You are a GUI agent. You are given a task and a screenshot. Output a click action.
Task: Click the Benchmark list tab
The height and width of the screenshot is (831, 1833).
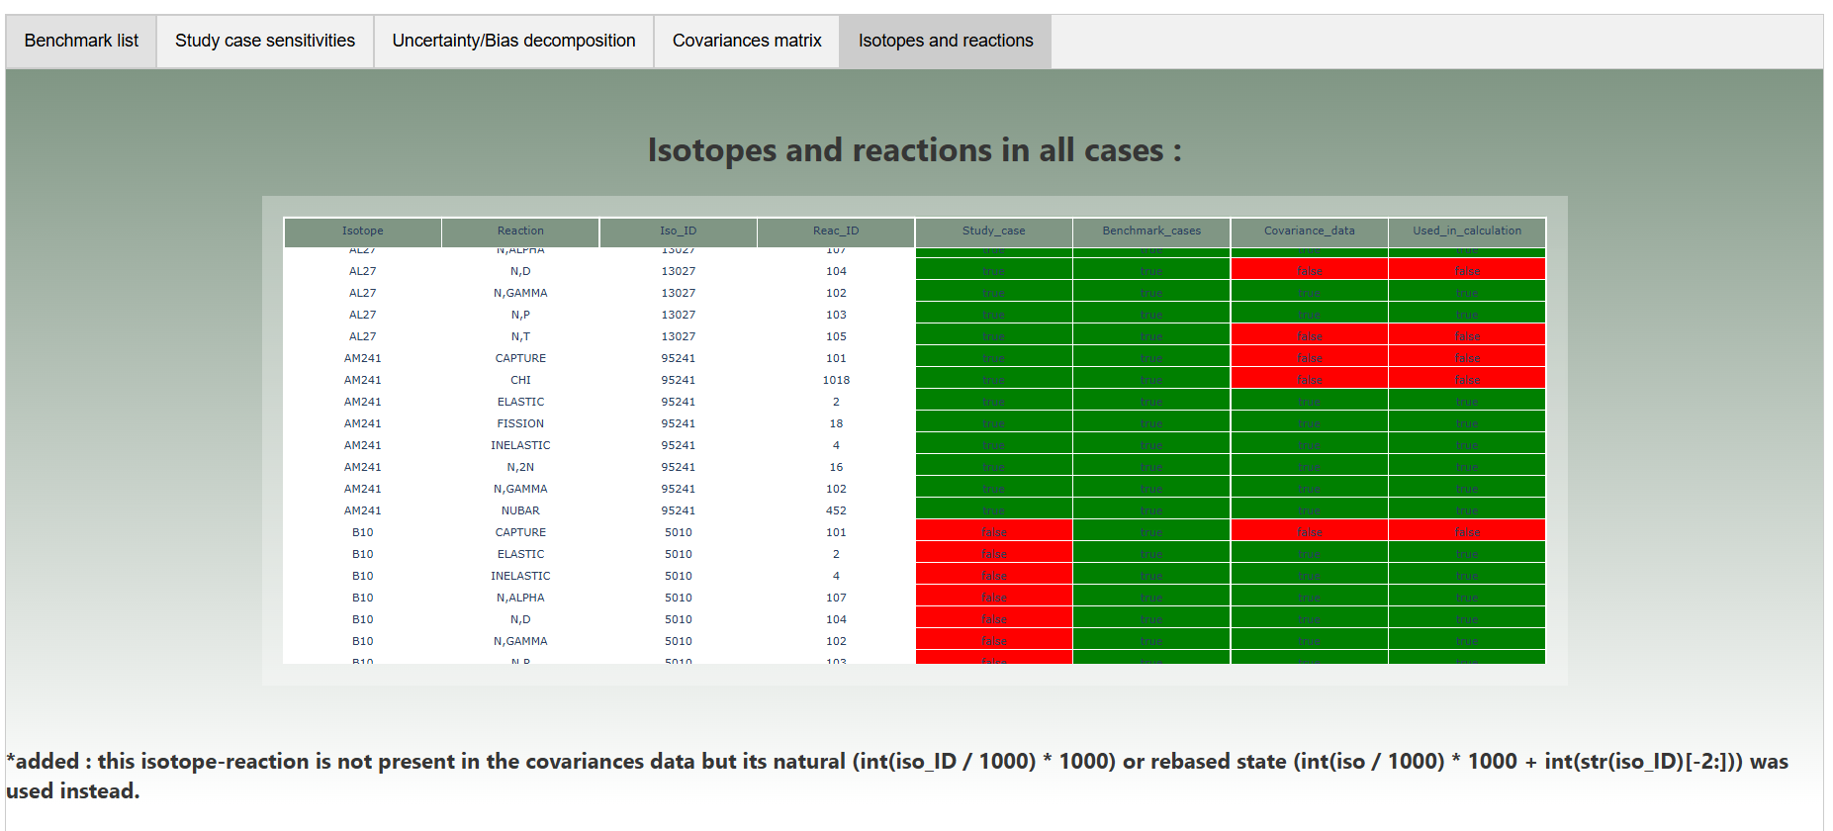81,41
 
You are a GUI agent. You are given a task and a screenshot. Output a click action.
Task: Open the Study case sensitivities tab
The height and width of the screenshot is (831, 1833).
265,41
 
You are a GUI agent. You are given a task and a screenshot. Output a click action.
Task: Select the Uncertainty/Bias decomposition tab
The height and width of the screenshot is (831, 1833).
513,41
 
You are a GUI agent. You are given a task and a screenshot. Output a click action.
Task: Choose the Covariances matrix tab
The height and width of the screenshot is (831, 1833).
747,41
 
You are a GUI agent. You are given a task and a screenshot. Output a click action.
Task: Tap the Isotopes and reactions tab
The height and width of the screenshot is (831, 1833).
945,41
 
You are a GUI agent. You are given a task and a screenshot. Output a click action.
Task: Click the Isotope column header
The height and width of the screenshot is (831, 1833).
362,231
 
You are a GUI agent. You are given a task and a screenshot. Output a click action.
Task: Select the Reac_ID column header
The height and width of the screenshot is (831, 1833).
836,231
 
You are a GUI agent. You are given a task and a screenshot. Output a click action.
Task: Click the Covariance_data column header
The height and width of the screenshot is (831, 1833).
1309,231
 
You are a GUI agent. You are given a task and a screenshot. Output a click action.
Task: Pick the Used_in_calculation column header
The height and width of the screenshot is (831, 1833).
1467,231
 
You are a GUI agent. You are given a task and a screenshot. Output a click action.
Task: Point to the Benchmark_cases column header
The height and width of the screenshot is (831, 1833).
1151,231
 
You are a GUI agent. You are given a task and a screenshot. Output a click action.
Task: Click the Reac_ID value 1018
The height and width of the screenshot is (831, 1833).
836,380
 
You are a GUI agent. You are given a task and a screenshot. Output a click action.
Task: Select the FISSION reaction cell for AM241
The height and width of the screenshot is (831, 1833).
520,423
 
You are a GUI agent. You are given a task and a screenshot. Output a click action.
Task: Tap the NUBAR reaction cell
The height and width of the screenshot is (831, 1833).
520,510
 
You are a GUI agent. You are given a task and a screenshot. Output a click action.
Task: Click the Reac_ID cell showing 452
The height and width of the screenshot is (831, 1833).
836,510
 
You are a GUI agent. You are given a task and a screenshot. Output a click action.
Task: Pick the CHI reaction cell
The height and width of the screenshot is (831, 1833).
520,380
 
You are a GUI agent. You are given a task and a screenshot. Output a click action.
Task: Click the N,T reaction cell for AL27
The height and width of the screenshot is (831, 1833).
520,336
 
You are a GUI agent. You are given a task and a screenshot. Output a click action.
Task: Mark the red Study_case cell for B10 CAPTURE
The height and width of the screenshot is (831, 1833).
994,532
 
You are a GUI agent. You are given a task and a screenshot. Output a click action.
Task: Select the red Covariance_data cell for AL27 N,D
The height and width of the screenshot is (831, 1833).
1309,271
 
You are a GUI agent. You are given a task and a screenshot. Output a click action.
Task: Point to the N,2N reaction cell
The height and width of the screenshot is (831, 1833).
520,467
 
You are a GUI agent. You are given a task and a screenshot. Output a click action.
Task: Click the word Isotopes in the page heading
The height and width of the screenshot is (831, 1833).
711,150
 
